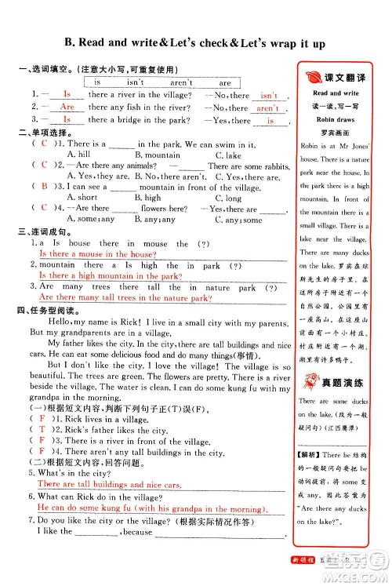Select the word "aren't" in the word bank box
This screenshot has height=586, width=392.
[181, 82]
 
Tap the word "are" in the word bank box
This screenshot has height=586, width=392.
[226, 82]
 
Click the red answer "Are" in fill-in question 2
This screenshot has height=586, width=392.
[67, 107]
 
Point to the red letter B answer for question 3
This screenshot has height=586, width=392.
[44, 187]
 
